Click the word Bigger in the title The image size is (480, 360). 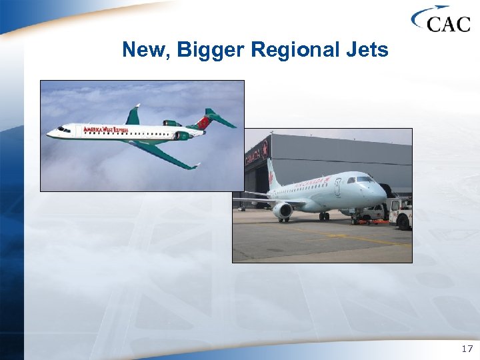[x=207, y=49]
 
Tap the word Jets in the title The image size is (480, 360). [x=366, y=49]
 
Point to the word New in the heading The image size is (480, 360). [x=143, y=49]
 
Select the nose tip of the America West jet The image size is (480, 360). [x=47, y=134]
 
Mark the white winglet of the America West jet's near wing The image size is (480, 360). [x=194, y=165]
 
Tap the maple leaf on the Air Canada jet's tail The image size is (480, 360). [x=271, y=177]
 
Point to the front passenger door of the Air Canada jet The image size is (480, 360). [x=337, y=189]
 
